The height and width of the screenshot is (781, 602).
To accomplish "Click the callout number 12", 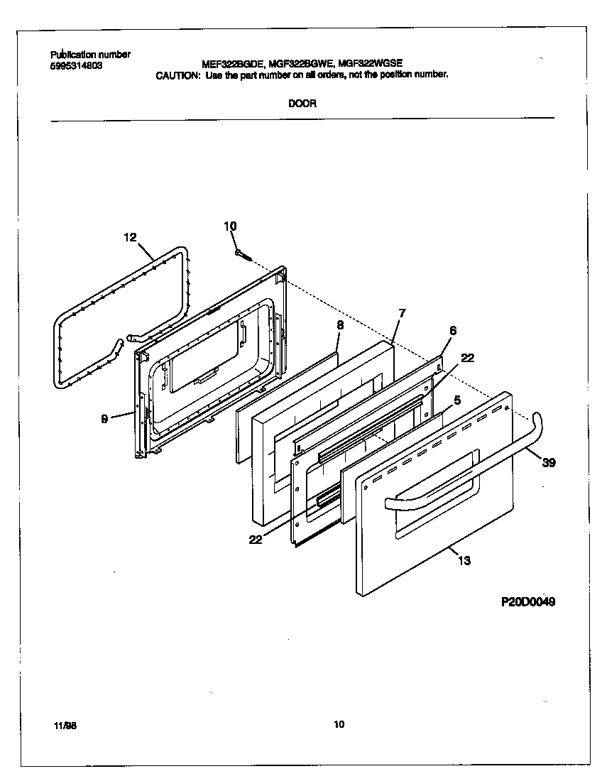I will point(130,237).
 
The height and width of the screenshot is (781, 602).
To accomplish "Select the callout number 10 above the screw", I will point(230,226).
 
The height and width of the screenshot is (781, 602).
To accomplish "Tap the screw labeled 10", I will point(242,253).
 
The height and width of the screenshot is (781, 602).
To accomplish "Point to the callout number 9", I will point(104,419).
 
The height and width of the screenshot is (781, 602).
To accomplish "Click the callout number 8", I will point(340,324).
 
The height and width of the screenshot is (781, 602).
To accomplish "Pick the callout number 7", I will point(402,313).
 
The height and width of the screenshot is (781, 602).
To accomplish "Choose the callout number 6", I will point(453,330).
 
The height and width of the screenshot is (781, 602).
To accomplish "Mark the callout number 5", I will point(457,400).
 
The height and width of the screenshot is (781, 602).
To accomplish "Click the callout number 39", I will point(548,463).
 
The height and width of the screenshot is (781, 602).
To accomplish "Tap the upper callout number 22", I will point(467,358).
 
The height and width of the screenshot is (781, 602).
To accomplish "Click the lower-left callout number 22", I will point(256,540).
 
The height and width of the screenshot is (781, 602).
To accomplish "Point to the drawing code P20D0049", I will point(527,601).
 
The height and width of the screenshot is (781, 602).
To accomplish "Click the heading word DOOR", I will point(302,103).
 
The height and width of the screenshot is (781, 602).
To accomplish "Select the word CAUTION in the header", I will point(177,75).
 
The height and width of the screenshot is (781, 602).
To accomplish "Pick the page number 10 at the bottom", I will point(339,725).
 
